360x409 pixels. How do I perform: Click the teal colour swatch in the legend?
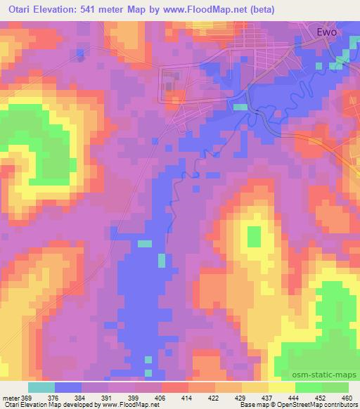coord(41,387)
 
